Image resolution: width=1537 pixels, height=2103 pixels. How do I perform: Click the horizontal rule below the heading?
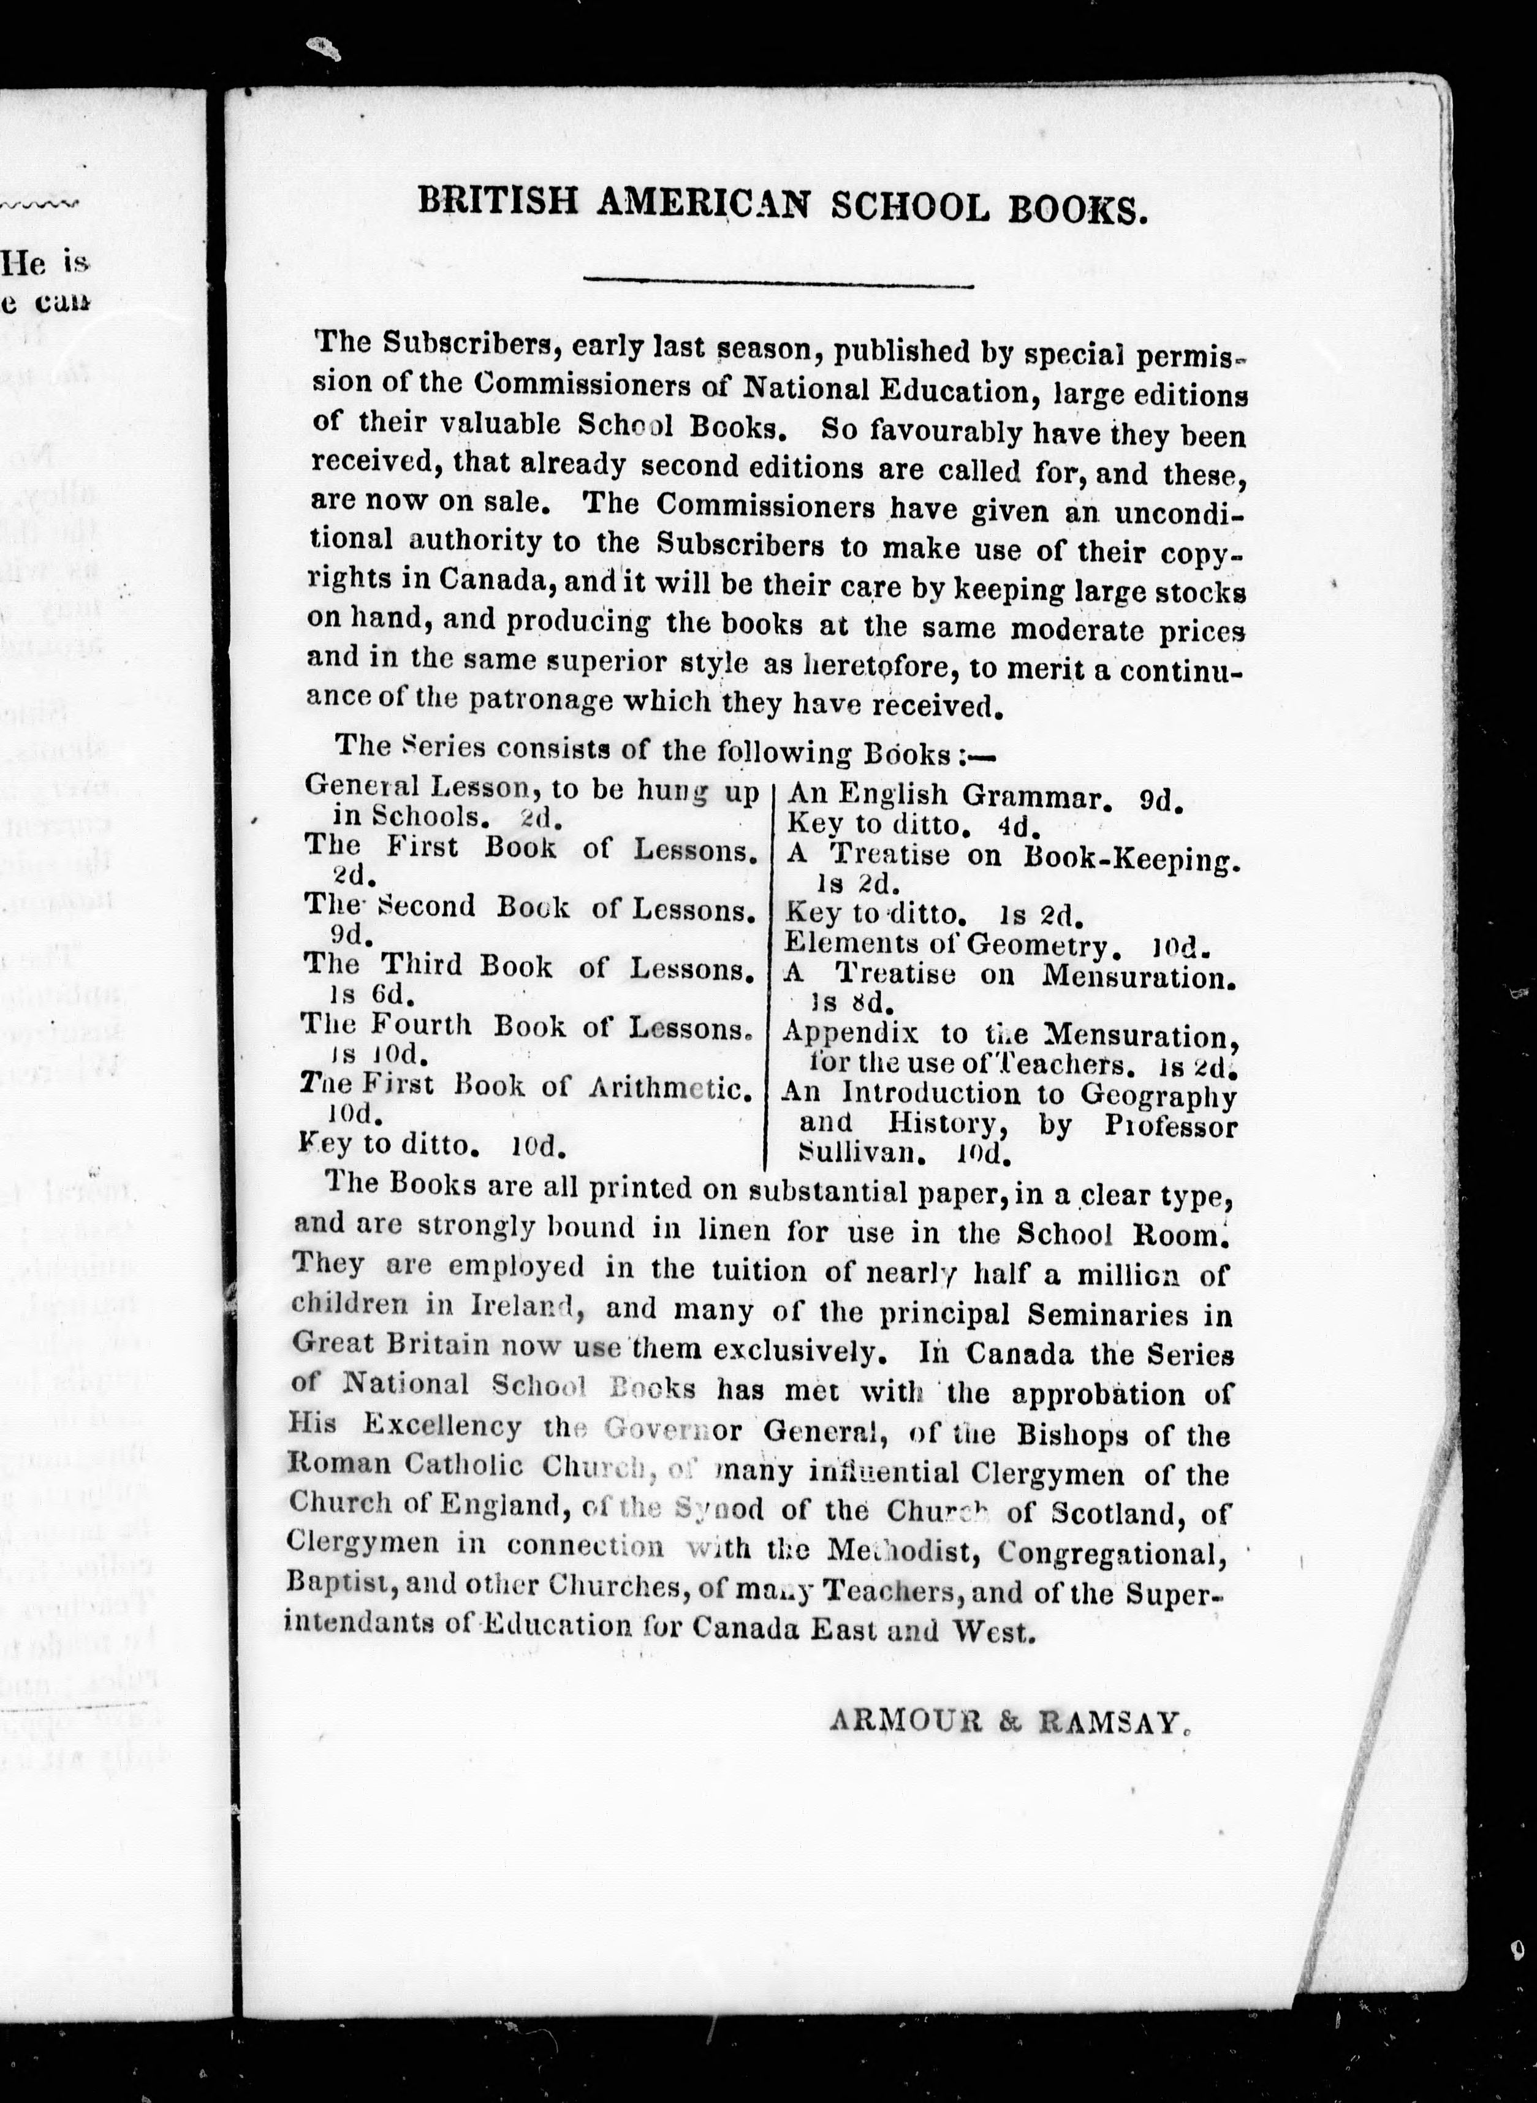[x=777, y=282]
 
